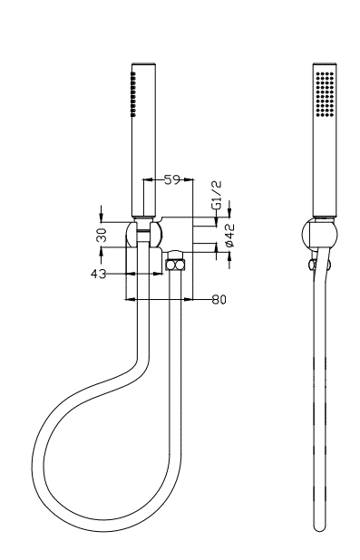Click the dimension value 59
(172, 179)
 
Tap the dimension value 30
(102, 235)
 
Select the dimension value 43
(98, 274)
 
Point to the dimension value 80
(219, 299)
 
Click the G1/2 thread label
(217, 196)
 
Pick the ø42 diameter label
(229, 235)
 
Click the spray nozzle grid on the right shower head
(325, 94)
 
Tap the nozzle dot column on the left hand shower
(133, 94)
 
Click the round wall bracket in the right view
(319, 235)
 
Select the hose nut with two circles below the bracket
(176, 265)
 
